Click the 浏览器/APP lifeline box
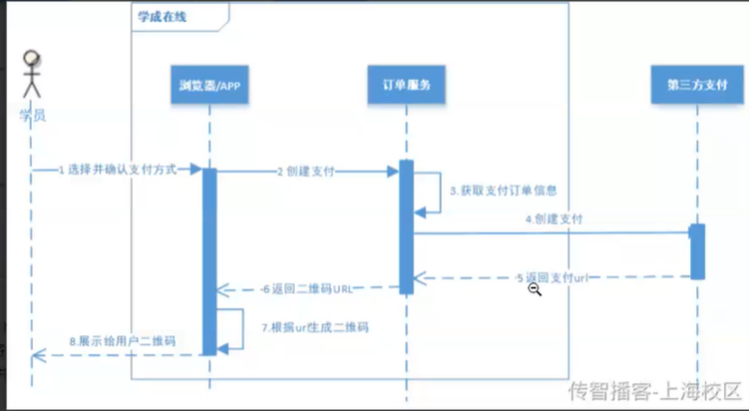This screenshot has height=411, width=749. coord(209,86)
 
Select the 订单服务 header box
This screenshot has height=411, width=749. coord(405,86)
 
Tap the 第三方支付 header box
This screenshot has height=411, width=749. coord(697,86)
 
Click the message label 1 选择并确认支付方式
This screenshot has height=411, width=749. coord(117,170)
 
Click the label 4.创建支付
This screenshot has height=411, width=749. coord(555,217)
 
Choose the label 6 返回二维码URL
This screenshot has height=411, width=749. coord(309,289)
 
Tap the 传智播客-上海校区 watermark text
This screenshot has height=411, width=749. coord(655,390)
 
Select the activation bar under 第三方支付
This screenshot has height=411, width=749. coord(697,250)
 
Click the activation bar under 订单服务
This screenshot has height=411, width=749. coord(406,226)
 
